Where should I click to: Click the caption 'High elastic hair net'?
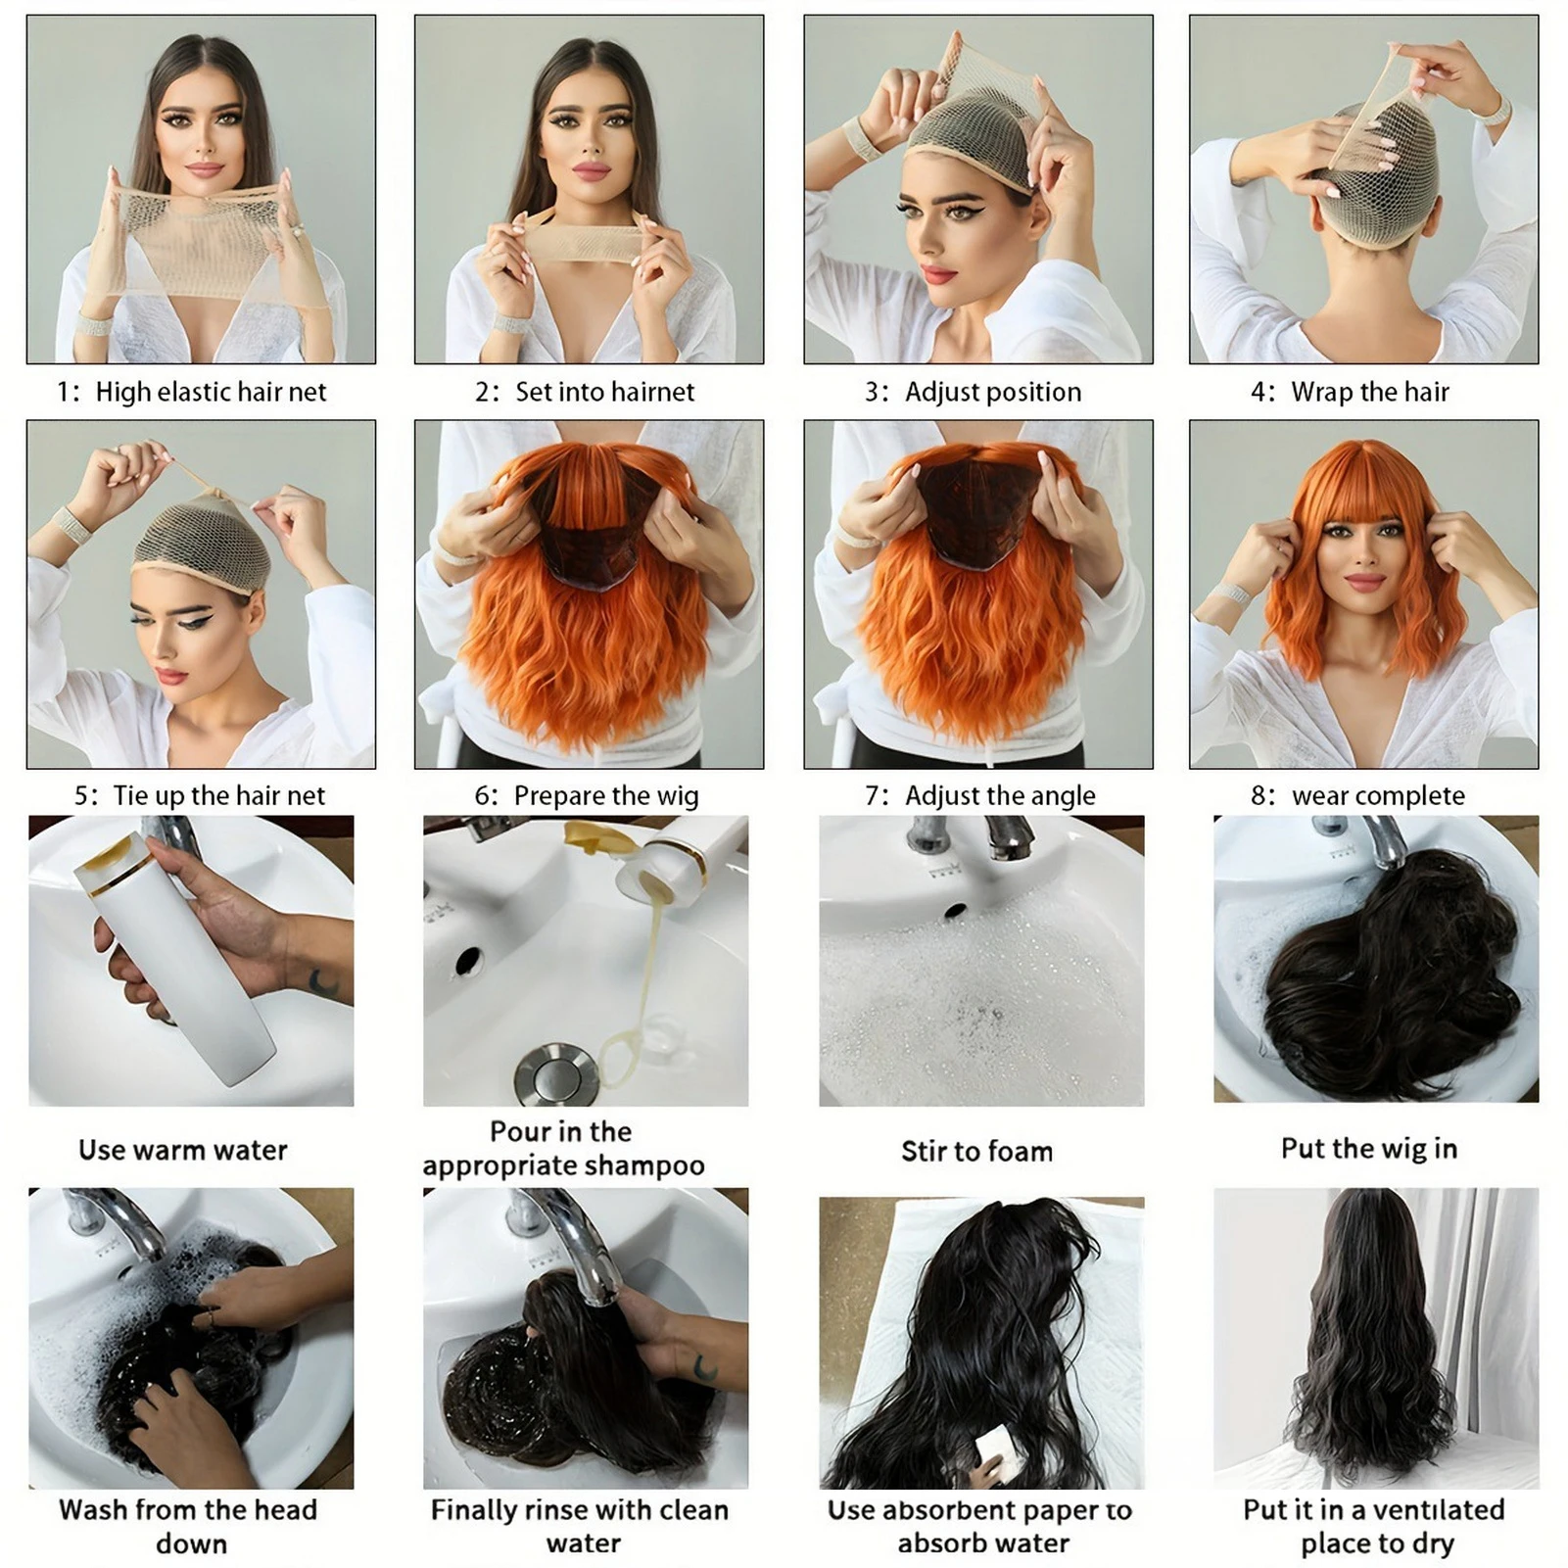click(210, 392)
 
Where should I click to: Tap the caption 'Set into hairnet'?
click(604, 392)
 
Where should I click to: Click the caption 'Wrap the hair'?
click(1369, 392)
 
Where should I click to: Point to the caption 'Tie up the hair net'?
click(218, 795)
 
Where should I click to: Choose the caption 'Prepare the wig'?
click(605, 795)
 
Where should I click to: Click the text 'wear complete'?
click(1377, 795)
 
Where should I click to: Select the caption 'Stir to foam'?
click(976, 1151)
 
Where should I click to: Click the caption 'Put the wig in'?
click(1368, 1148)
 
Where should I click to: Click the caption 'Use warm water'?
click(183, 1150)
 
